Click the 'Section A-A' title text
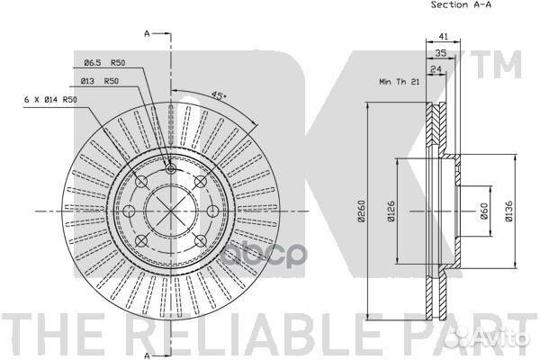461,4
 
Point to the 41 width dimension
444,36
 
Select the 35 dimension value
441,53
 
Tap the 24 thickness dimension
436,69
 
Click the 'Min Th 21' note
400,82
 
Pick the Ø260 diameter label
361,211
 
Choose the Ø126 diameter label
391,211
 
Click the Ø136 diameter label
508,211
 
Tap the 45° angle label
219,95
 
